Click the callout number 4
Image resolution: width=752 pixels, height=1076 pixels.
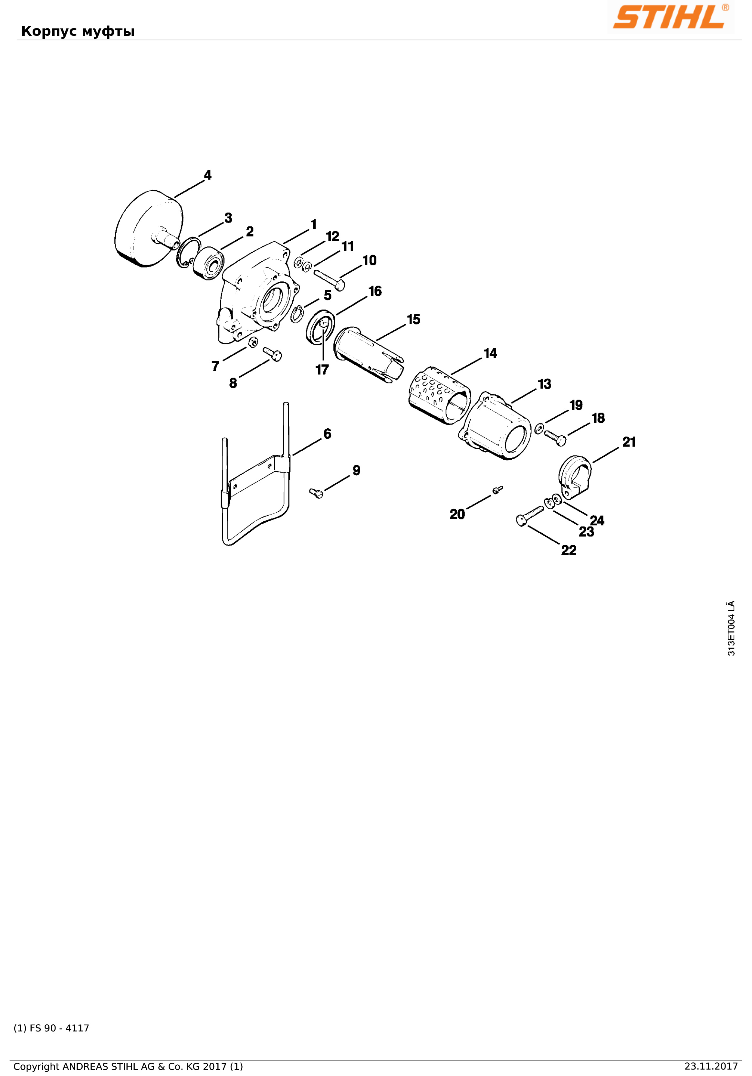(208, 175)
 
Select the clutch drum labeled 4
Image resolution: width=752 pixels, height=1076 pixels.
(148, 229)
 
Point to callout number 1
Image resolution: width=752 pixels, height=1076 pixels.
(313, 225)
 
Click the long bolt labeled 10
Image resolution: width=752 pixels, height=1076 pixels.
(329, 280)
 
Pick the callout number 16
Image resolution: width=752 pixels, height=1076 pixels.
(375, 291)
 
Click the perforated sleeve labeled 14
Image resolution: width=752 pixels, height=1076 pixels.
(438, 395)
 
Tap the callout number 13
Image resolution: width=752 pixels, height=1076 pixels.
(544, 384)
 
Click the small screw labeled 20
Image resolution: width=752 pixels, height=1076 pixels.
(497, 490)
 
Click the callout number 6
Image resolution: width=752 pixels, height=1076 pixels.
(327, 434)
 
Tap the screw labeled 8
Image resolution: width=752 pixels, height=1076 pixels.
(272, 354)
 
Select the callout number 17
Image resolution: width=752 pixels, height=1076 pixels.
(322, 370)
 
